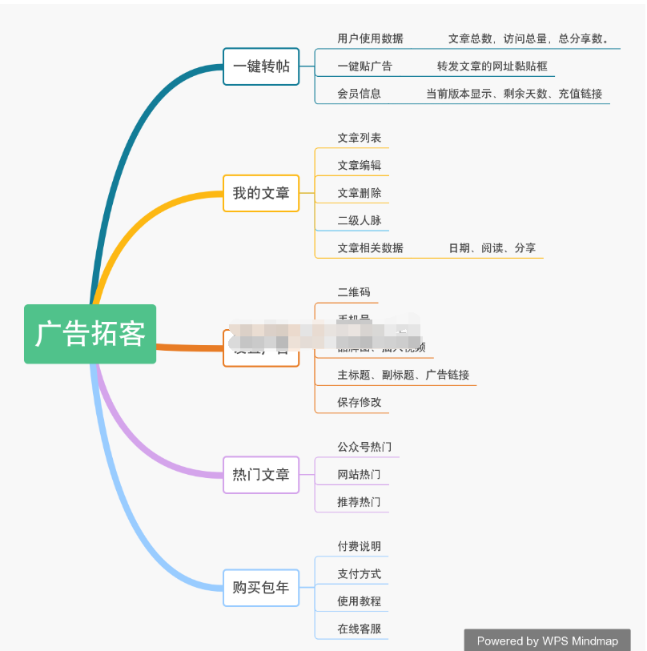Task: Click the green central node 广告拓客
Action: [x=90, y=334]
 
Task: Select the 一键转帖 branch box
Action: [x=261, y=66]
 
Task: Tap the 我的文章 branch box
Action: [x=261, y=193]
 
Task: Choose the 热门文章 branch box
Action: [x=261, y=475]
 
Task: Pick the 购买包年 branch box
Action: [x=261, y=588]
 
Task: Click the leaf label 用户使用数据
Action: [x=370, y=38]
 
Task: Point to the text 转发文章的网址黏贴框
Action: [x=492, y=66]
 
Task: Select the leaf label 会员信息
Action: [x=359, y=94]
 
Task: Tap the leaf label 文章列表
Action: [x=359, y=138]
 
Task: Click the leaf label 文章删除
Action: [x=359, y=193]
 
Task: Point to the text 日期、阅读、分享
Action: [x=492, y=248]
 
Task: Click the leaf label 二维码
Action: [x=354, y=292]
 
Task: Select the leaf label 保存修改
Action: [x=359, y=402]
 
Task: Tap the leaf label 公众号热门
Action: [x=364, y=447]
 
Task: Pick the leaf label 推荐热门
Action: [x=359, y=502]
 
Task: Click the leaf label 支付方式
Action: [x=359, y=574]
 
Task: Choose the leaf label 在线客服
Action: [x=359, y=629]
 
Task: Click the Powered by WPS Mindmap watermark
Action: [x=547, y=641]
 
